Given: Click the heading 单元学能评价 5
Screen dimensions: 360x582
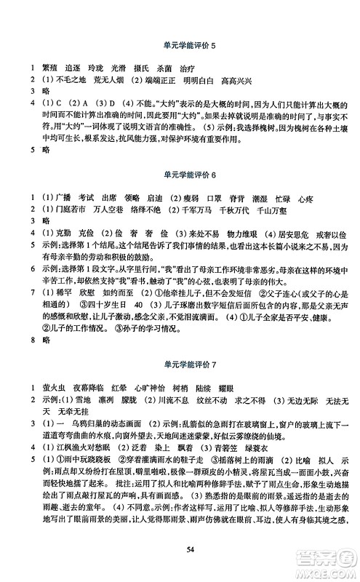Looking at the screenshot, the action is tap(180, 45).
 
